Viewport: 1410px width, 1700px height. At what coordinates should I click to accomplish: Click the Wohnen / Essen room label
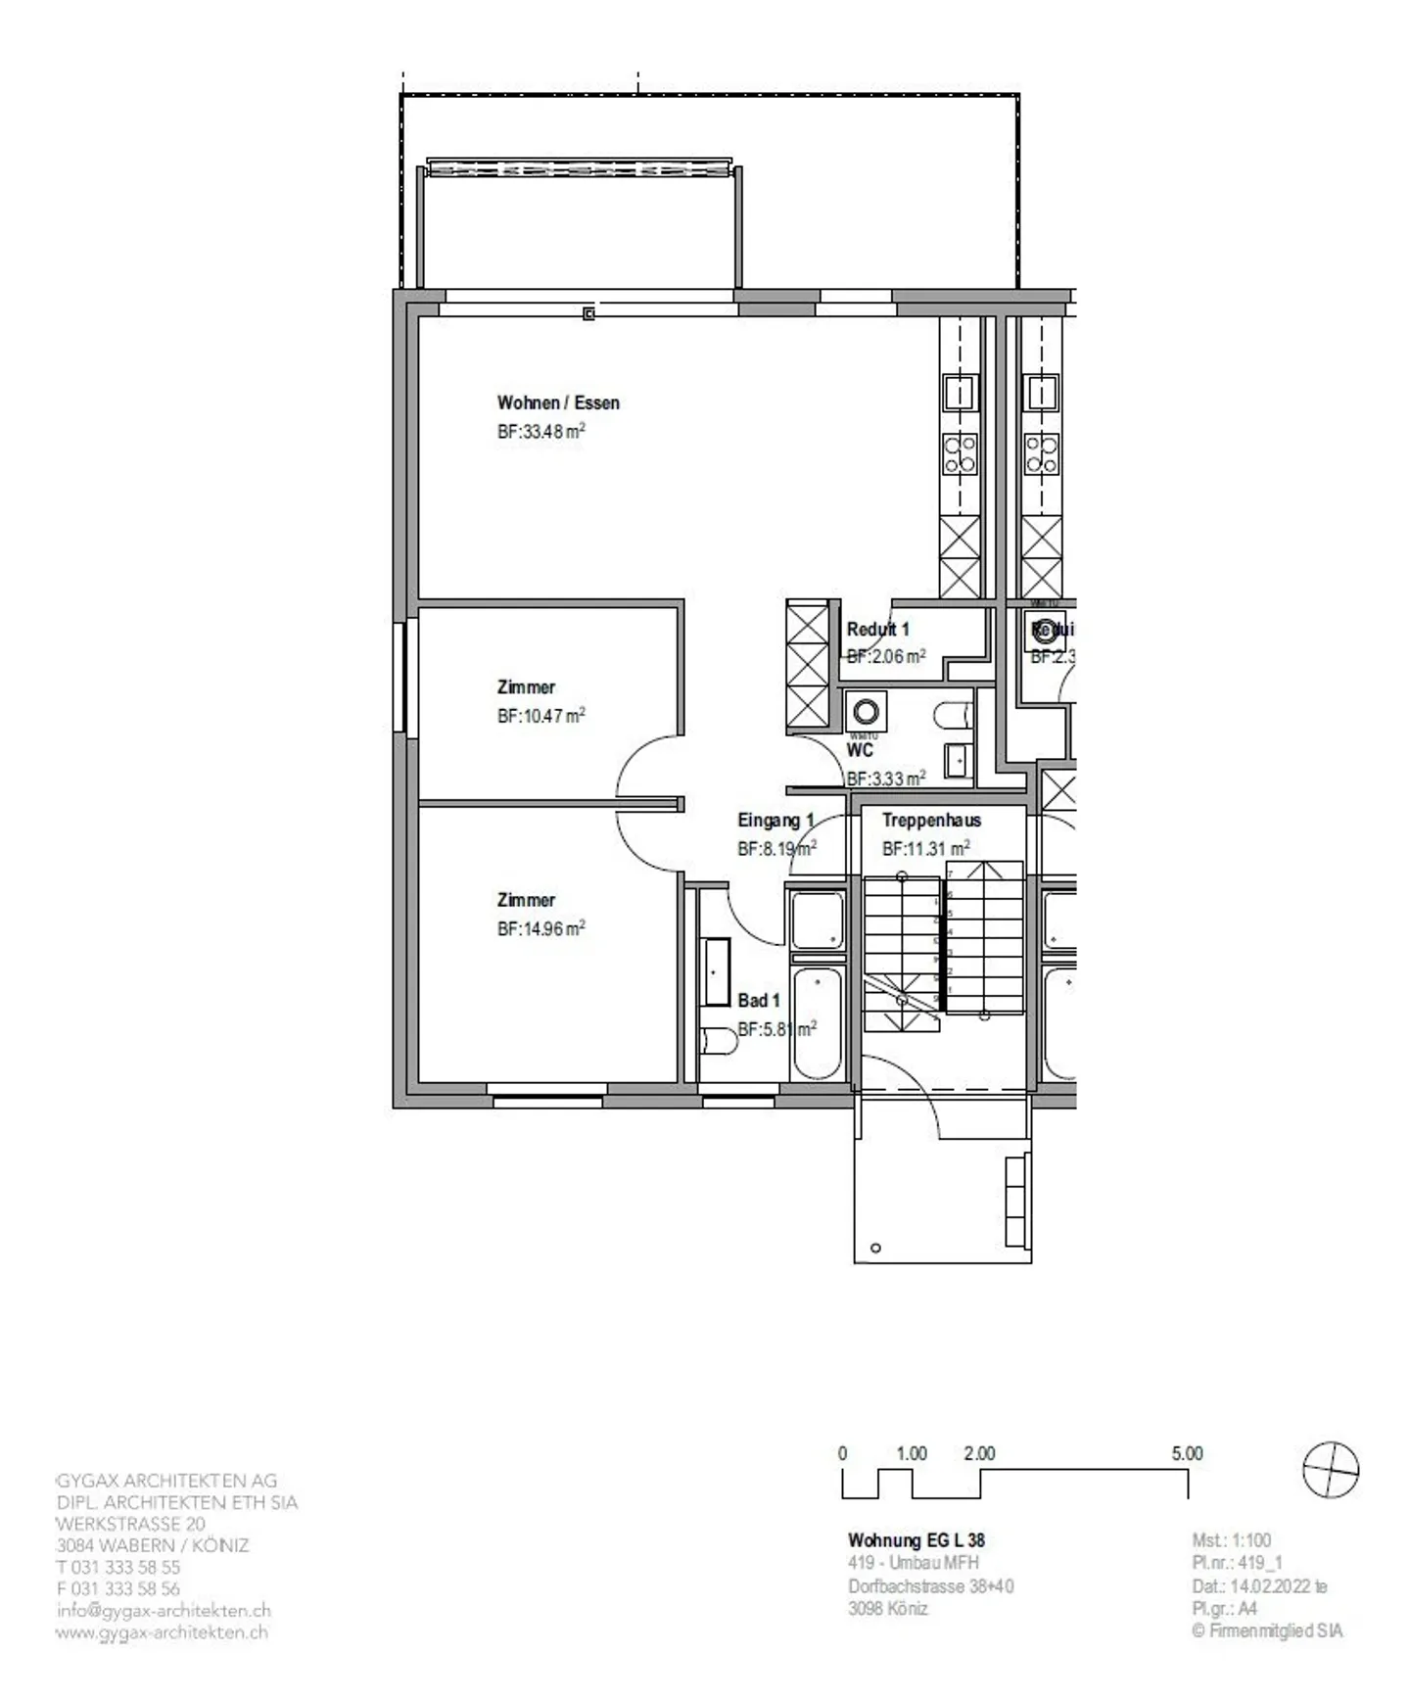tap(557, 402)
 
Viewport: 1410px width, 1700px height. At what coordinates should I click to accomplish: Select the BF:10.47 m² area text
tap(540, 716)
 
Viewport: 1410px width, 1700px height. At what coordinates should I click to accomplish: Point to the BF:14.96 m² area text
tap(540, 928)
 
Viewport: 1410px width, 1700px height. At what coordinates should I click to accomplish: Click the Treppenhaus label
tap(930, 821)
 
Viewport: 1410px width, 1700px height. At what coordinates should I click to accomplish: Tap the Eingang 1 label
tap(775, 821)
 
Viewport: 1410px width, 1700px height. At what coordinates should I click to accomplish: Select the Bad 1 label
tap(759, 1000)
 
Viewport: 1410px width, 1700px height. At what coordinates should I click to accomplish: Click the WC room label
tap(860, 750)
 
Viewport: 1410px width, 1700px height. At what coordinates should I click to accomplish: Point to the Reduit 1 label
tap(877, 629)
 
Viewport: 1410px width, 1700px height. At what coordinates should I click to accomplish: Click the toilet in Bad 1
tap(719, 1040)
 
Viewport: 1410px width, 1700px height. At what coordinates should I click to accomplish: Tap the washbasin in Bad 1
tap(715, 972)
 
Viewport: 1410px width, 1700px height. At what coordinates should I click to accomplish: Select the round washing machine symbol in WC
tap(866, 711)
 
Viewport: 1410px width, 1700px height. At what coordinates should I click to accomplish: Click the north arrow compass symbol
tap(1332, 1470)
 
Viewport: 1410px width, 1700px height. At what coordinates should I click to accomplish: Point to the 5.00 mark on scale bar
tap(1187, 1454)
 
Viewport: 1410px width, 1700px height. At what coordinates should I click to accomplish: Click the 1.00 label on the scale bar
tap(911, 1454)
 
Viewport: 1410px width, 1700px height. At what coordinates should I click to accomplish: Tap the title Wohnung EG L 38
tap(916, 1540)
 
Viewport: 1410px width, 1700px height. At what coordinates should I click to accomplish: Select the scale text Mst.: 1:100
tap(1231, 1540)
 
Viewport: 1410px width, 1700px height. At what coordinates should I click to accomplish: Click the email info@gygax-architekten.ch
tap(164, 1610)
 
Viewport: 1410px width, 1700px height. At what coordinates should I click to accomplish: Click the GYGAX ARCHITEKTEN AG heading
tap(166, 1481)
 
